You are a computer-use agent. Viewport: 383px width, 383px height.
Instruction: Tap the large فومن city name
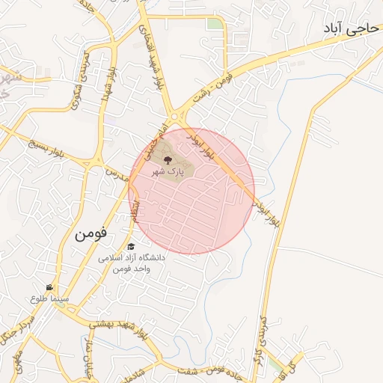91,233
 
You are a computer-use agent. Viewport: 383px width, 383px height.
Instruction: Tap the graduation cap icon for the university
131,246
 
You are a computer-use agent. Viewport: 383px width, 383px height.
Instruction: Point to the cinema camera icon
49,287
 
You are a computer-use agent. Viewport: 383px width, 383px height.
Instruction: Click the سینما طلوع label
49,298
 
